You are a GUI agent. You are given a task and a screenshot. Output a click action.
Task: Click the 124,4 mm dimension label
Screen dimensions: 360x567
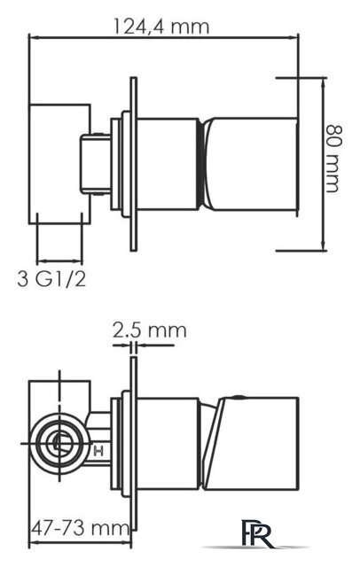161,26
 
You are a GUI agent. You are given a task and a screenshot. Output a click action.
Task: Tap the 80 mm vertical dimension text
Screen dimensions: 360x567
333,159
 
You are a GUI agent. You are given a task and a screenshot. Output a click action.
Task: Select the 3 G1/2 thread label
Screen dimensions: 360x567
52,279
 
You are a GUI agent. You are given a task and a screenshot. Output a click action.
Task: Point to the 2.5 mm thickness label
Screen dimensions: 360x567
150,330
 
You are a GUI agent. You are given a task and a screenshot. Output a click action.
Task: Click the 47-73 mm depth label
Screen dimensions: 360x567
80,528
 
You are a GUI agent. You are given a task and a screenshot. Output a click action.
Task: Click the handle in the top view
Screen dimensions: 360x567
249,164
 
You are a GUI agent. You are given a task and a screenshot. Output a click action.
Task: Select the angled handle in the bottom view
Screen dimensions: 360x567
250,444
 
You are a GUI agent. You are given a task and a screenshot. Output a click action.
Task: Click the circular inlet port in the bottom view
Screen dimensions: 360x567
59,443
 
